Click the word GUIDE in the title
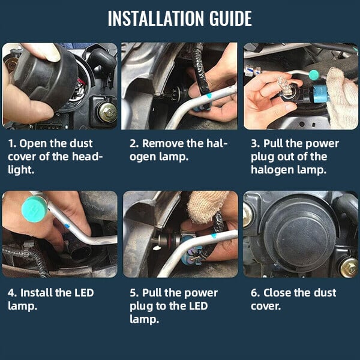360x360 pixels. [230, 18]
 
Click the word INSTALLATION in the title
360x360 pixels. [156, 18]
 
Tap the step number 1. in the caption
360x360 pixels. [13, 144]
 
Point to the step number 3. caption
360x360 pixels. [255, 144]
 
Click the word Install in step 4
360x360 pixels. [36, 293]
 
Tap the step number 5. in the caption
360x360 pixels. [134, 293]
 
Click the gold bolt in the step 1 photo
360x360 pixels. [107, 112]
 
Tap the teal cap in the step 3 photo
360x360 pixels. [314, 74]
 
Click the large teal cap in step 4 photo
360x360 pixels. [34, 209]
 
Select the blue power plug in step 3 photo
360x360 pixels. [321, 94]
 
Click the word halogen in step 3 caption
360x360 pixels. [272, 170]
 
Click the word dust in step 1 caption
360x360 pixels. [81, 144]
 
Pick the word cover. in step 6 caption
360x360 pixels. [266, 306]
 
